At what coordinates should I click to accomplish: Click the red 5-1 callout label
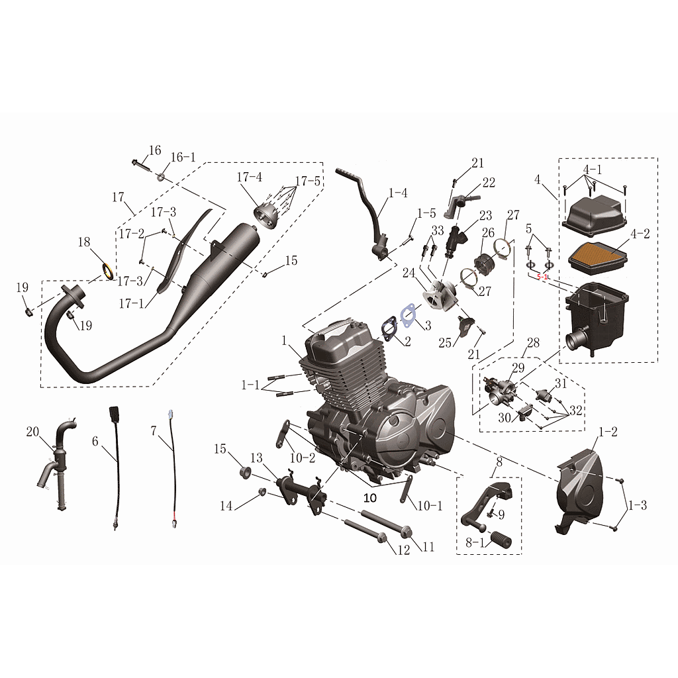tap(542, 277)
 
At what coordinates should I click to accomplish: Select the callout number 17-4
tap(249, 177)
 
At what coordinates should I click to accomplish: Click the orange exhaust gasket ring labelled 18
tap(108, 270)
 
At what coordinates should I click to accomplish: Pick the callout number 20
tap(32, 432)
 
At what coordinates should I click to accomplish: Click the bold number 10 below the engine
tap(370, 498)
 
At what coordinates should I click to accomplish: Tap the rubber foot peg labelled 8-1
tap(501, 540)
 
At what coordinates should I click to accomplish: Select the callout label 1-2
tap(608, 431)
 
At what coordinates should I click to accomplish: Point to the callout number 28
tap(533, 343)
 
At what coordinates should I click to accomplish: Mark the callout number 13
tap(256, 458)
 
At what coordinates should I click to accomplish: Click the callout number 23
tap(485, 215)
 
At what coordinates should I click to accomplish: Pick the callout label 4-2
tap(640, 234)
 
